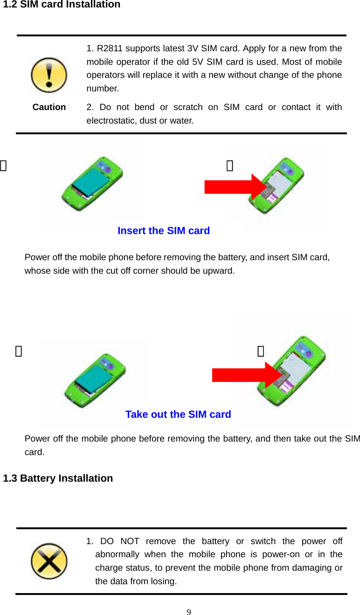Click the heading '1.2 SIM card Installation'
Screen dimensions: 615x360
pyautogui.click(x=62, y=5)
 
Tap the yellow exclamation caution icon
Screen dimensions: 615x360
pyautogui.click(x=49, y=75)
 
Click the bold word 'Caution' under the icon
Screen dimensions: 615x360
pyautogui.click(x=49, y=107)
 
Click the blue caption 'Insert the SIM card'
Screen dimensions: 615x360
pyautogui.click(x=164, y=231)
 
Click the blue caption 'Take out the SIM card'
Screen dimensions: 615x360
pyautogui.click(x=178, y=415)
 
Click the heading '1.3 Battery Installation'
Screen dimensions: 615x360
pyautogui.click(x=58, y=478)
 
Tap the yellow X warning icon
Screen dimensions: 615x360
pyautogui.click(x=49, y=561)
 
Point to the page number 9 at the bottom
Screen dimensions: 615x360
pyautogui.click(x=188, y=612)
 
